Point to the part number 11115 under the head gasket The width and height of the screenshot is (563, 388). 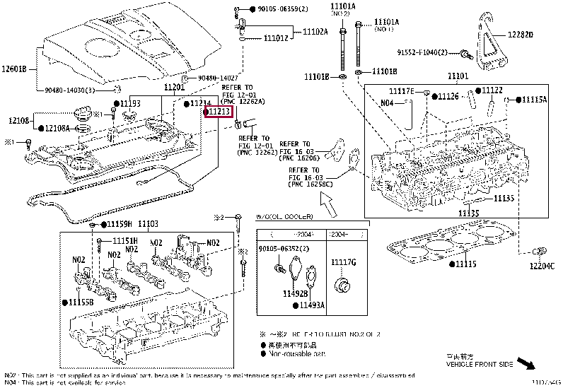(x=466, y=264)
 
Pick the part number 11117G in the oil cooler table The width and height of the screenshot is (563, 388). (x=344, y=263)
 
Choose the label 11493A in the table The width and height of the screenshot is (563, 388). (x=311, y=305)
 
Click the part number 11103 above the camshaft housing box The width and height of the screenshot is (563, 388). (x=148, y=224)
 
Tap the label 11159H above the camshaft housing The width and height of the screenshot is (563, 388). (x=120, y=224)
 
